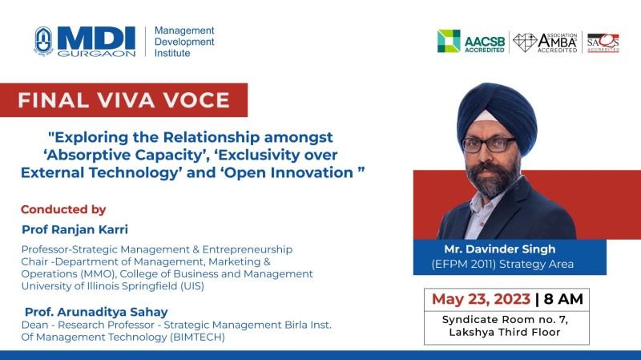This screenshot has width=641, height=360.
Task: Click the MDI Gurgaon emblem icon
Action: tap(43, 41)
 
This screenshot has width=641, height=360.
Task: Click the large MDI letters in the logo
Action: tap(96, 38)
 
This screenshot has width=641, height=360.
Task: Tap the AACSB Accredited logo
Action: tap(471, 42)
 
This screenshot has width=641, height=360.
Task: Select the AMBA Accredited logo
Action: tap(546, 42)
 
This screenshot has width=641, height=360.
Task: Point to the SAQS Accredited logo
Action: tap(603, 42)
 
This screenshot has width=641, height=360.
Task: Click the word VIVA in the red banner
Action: tap(126, 100)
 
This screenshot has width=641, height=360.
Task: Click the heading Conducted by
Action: tap(63, 209)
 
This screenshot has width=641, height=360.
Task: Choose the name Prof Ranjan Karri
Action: tap(75, 229)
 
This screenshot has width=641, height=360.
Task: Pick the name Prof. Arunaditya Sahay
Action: tap(96, 312)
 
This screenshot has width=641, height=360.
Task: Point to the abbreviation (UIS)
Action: tap(192, 286)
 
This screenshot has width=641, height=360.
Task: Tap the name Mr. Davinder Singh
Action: tap(500, 249)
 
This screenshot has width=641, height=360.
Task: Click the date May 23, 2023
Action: tap(481, 299)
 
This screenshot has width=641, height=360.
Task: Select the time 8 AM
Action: tap(563, 299)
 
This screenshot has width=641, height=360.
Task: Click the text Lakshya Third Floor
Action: tap(505, 332)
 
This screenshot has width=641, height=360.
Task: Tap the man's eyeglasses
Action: tap(489, 144)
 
